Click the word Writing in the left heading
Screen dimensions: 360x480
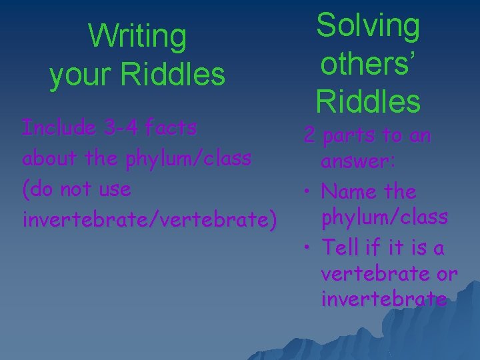coord(137,37)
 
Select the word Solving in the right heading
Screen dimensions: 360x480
coord(368,26)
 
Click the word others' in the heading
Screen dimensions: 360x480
coord(369,63)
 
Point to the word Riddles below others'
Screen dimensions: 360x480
coord(369,101)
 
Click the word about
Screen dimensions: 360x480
coord(45,158)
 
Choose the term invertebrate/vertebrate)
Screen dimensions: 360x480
coord(149,219)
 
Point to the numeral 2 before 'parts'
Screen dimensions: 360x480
coord(309,136)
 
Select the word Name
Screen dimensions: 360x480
coord(346,192)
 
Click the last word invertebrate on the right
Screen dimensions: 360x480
coord(383,299)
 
